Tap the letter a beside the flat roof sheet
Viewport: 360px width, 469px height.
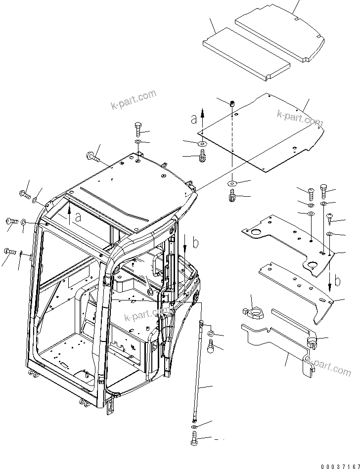point(194,119)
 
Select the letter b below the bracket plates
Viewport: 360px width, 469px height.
point(338,282)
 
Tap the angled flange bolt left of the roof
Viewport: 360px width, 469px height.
point(93,158)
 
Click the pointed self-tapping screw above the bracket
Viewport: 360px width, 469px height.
point(329,216)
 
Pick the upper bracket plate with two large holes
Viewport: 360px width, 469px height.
point(287,242)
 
